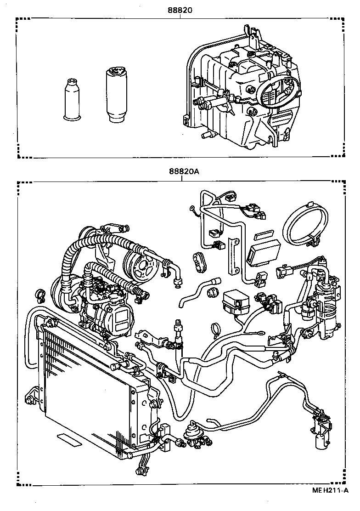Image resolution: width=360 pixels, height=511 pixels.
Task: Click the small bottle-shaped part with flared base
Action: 72,100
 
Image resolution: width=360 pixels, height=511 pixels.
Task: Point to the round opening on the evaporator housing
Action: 274,90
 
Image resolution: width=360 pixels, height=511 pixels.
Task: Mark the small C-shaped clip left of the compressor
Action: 39,294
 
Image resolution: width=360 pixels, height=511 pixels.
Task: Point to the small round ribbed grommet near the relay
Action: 213,293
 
